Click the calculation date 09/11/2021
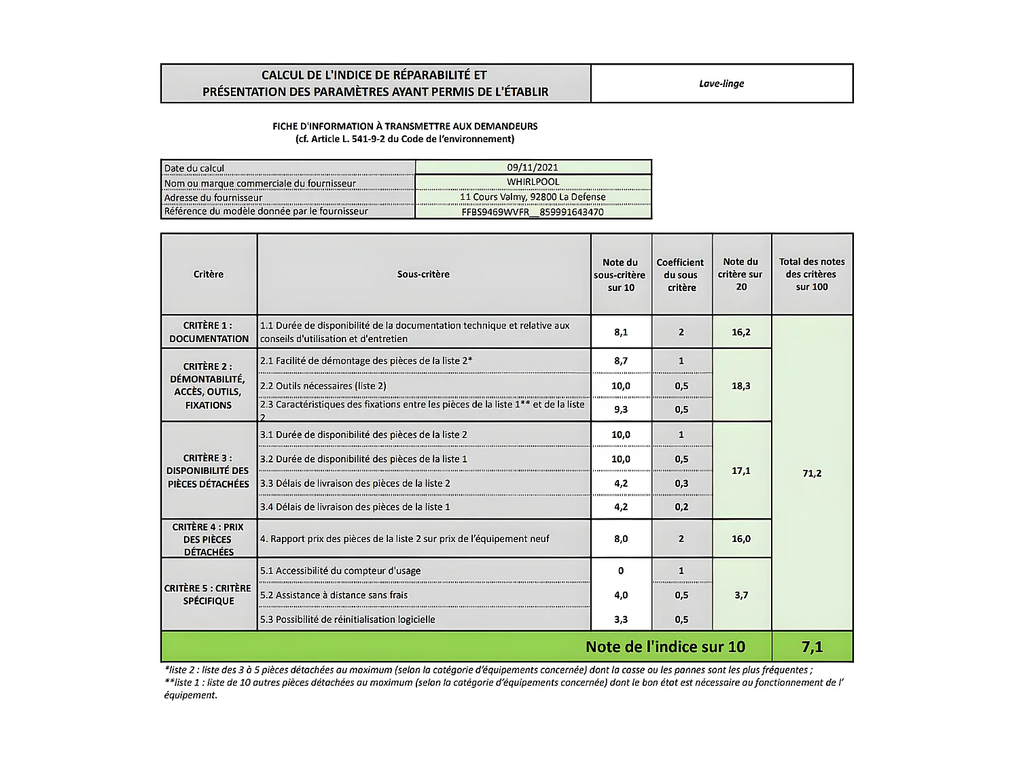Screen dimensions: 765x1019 (533, 167)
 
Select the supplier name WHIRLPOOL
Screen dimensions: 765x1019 (533, 182)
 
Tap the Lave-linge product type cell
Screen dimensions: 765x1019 (721, 84)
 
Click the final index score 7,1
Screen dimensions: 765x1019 (812, 647)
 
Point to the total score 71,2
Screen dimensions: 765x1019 (812, 473)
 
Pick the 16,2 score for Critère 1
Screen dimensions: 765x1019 (741, 333)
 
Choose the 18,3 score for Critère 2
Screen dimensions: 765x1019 (741, 386)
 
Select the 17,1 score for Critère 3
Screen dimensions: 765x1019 (741, 471)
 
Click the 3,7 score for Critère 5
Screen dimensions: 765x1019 (741, 595)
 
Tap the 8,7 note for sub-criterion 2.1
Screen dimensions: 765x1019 (621, 361)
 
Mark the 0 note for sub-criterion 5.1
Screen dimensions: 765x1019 (621, 571)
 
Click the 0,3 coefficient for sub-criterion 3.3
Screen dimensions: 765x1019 (681, 483)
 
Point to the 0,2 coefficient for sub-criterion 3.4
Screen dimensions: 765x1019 (681, 507)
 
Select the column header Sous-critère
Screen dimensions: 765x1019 (423, 274)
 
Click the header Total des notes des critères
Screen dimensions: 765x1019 (812, 274)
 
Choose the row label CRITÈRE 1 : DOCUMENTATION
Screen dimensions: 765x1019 (209, 332)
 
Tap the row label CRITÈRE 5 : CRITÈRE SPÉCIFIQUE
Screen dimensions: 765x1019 (208, 594)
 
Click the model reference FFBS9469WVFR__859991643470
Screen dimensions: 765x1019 (533, 212)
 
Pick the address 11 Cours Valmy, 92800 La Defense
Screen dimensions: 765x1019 (533, 197)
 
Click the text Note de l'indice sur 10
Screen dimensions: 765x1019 (665, 647)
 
